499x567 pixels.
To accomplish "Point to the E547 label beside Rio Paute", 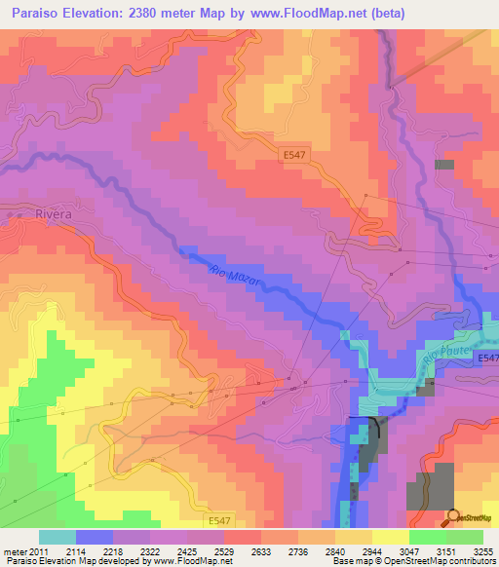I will (x=487, y=359).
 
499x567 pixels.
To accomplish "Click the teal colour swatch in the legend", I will (x=57, y=537).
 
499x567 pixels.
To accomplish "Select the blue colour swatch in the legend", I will (x=95, y=537).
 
